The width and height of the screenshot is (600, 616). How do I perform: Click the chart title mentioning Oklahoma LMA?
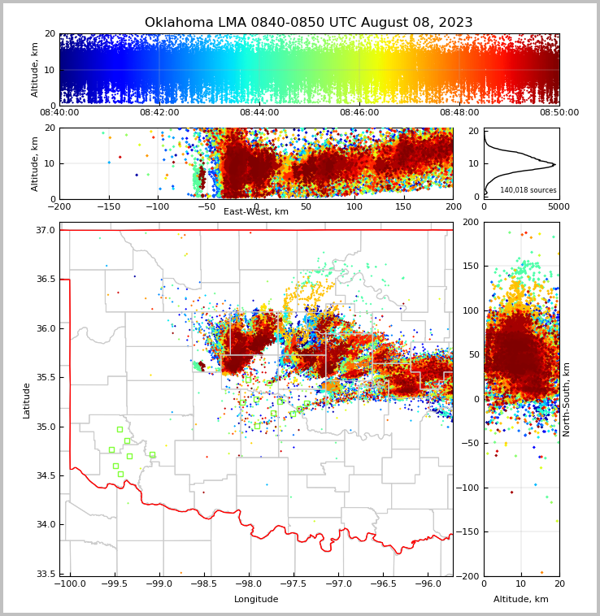point(308,23)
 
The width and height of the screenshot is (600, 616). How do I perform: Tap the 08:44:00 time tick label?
point(259,113)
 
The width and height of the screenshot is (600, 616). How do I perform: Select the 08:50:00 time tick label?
point(559,113)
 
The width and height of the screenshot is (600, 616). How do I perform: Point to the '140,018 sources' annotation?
point(528,190)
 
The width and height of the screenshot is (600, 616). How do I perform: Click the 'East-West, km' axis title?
point(256,212)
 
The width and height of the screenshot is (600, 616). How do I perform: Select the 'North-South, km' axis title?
point(567,399)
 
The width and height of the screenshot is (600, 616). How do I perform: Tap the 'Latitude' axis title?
point(27,400)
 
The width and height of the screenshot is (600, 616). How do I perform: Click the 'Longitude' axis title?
point(256,600)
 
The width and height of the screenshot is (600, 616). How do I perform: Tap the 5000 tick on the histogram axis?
point(559,206)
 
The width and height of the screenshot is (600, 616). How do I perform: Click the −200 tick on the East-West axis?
point(59,206)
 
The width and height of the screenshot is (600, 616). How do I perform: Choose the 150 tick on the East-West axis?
point(404,206)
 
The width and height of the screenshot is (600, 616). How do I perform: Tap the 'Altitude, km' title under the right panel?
point(521,600)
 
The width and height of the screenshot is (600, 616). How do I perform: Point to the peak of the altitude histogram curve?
point(554,164)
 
